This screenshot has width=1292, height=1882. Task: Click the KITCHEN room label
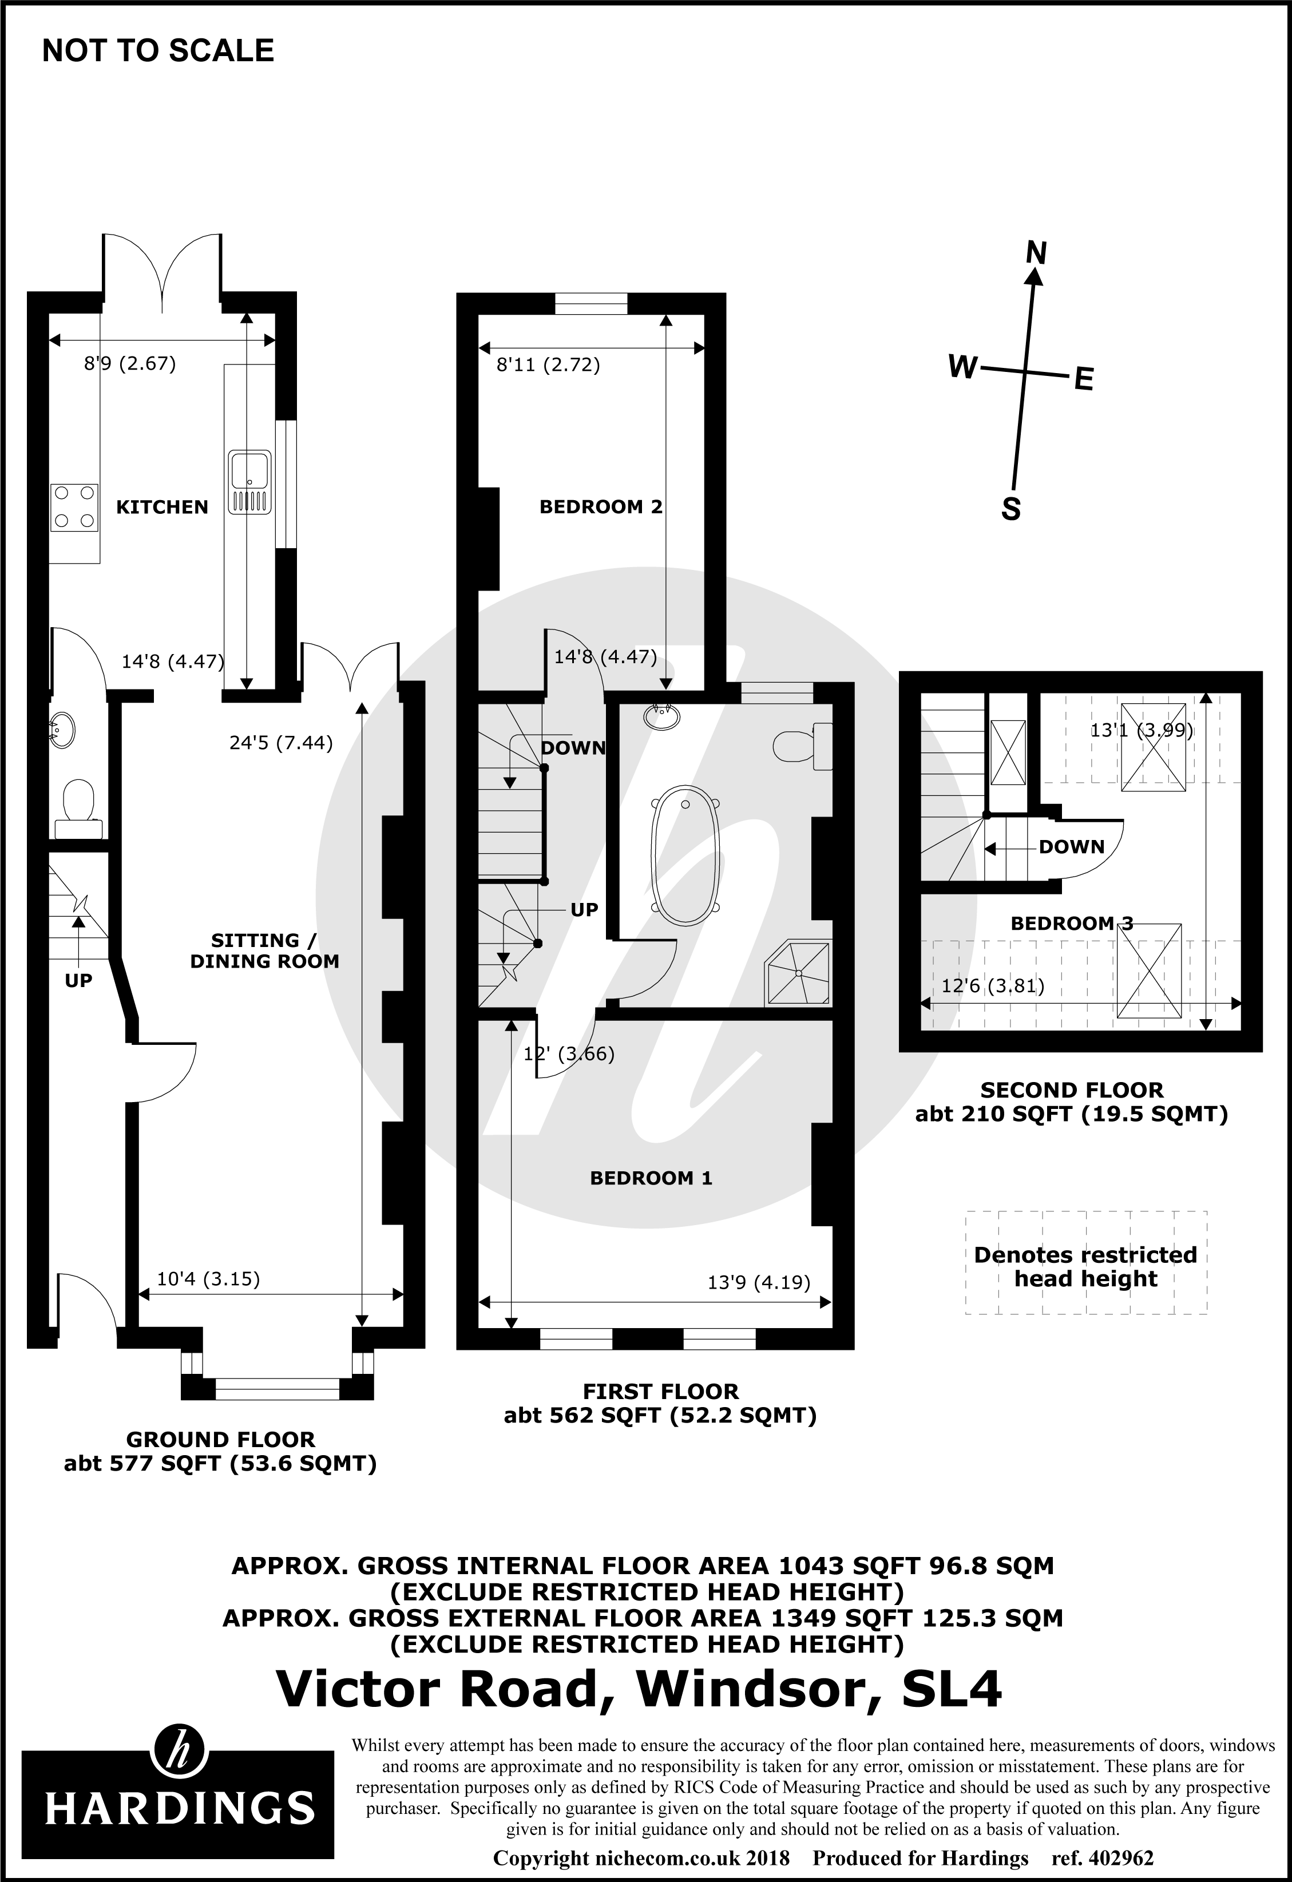pos(162,507)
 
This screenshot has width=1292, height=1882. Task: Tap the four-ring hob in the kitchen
pos(74,507)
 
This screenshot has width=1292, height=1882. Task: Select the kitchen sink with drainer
pos(249,482)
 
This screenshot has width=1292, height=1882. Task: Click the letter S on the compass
pos(1011,509)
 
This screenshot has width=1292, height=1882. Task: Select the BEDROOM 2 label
pos(601,507)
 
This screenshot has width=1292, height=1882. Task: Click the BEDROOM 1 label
pos(651,1178)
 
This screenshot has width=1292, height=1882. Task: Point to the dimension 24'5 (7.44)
pos(281,743)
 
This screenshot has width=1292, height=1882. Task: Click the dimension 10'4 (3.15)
pos(208,1279)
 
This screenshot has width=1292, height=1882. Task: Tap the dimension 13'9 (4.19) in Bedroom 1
pos(759,1283)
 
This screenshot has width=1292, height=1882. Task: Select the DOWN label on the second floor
pos(1071,847)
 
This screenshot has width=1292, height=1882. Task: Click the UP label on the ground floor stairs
pos(78,981)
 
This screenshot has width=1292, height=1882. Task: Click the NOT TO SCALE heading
pos(158,51)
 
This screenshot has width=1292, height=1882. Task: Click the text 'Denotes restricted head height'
pos(1085,1266)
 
